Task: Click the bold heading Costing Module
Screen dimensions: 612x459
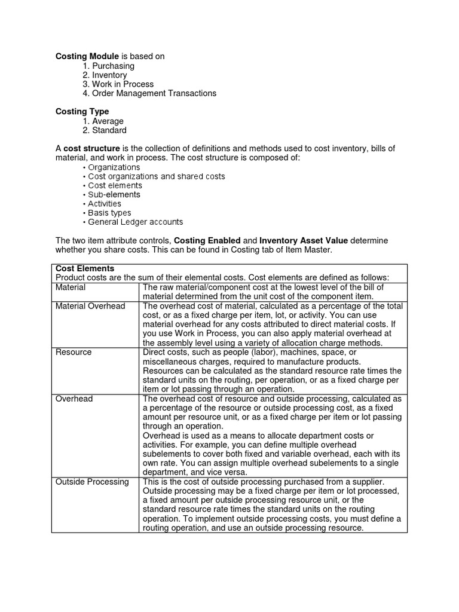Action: pyautogui.click(x=87, y=56)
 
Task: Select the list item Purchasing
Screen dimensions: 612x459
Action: pyautogui.click(x=113, y=66)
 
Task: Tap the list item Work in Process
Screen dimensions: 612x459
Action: pyautogui.click(x=123, y=84)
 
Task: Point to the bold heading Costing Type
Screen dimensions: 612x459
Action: pyautogui.click(x=82, y=111)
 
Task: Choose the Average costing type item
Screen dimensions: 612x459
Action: pyautogui.click(x=108, y=121)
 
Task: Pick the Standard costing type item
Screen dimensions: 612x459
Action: pyautogui.click(x=109, y=130)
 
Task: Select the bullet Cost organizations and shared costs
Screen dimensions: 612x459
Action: pyautogui.click(x=157, y=176)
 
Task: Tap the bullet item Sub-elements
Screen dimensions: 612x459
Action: pyautogui.click(x=114, y=194)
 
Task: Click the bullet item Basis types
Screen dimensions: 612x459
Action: pyautogui.click(x=109, y=213)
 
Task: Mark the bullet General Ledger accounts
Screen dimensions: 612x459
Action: pyautogui.click(x=136, y=222)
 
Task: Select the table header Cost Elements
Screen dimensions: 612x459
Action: pyautogui.click(x=85, y=268)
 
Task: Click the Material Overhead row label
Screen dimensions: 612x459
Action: pyautogui.click(x=90, y=306)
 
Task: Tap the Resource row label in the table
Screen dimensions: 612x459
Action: pyautogui.click(x=74, y=352)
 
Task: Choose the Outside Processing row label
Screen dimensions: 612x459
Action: pyautogui.click(x=92, y=482)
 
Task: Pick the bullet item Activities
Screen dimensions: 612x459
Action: pyautogui.click(x=105, y=204)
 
